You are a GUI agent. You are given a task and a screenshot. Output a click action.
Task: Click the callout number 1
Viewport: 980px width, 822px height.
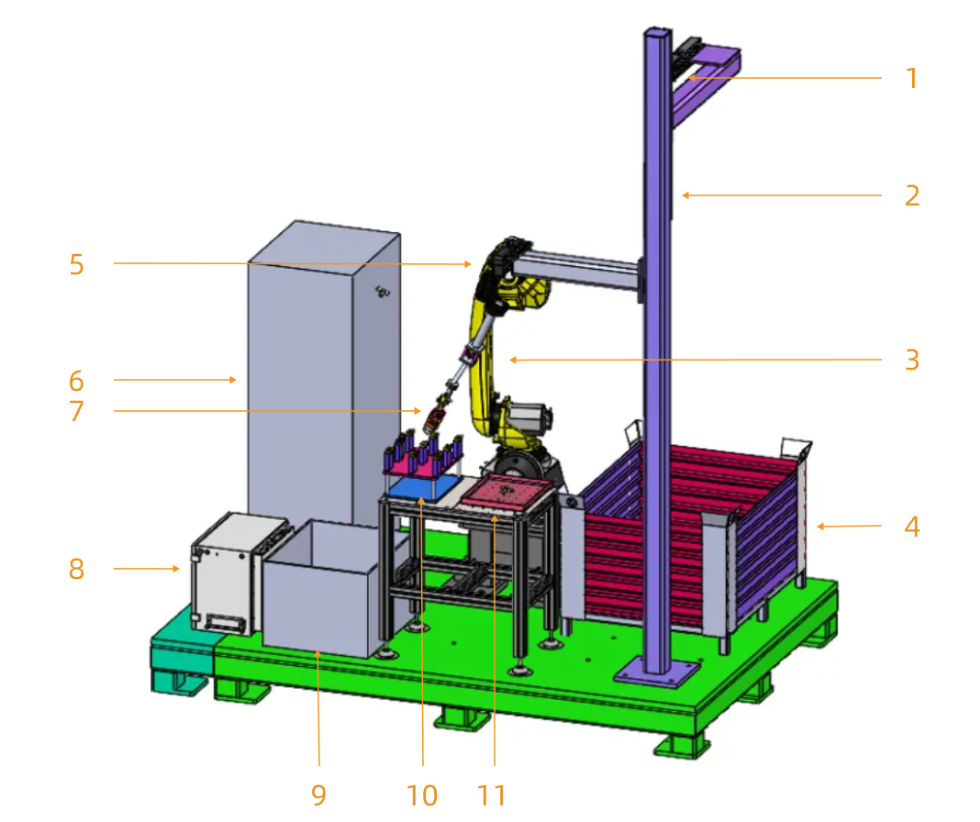click(x=911, y=79)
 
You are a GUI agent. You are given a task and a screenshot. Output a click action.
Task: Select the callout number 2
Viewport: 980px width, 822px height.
click(x=911, y=196)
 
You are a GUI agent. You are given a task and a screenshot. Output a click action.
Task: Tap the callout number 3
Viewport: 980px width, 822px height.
click(x=911, y=361)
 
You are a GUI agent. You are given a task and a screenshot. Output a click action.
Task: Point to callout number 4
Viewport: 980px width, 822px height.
click(x=911, y=528)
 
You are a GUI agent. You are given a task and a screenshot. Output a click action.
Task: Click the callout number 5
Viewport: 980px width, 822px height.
click(x=76, y=265)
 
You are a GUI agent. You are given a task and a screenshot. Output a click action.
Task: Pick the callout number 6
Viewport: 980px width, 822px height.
click(x=76, y=381)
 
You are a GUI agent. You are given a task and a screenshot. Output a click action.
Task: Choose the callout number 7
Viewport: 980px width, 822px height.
click(x=76, y=411)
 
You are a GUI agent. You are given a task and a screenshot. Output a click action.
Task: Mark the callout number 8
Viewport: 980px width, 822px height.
click(x=76, y=570)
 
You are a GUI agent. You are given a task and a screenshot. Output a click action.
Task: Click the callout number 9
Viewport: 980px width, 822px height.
click(x=318, y=794)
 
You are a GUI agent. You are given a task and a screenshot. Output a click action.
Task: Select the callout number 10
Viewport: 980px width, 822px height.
click(x=423, y=794)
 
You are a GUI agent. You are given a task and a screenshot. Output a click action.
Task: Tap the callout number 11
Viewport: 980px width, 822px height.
click(x=493, y=794)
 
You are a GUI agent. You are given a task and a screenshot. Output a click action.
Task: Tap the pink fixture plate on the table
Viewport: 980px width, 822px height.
click(x=507, y=495)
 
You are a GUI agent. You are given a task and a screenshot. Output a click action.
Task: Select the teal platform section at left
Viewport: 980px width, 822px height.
click(x=181, y=656)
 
